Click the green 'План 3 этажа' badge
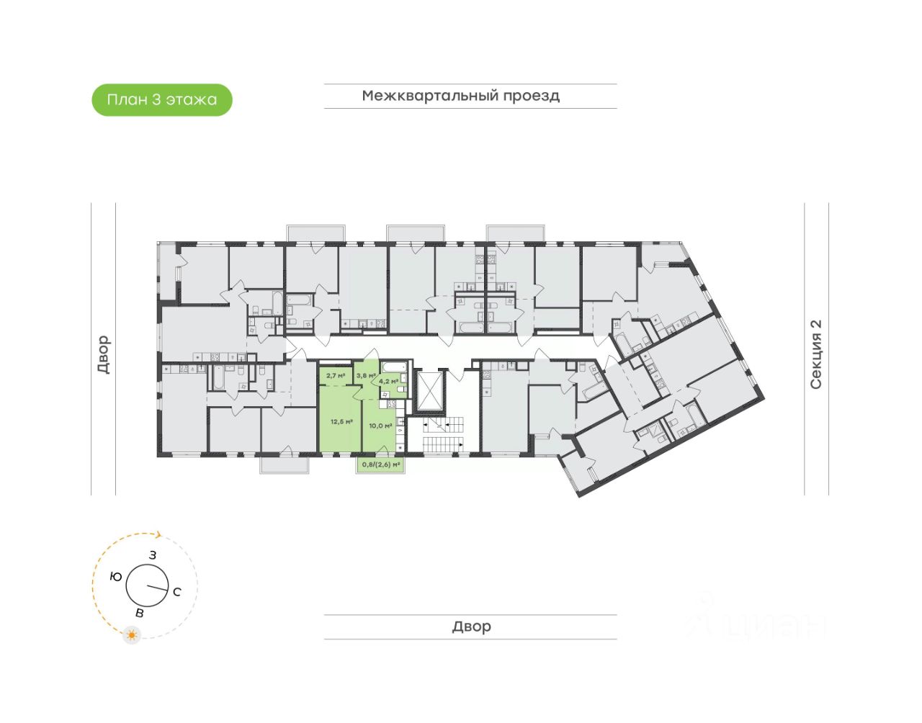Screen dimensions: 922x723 click(162, 99)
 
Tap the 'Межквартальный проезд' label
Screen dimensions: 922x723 click(461, 96)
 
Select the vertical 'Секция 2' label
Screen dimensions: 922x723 click(816, 354)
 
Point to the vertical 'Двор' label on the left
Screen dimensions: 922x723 click(104, 354)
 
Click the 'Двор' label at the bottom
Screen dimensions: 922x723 click(471, 627)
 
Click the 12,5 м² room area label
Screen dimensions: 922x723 click(341, 421)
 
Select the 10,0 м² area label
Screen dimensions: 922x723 click(380, 426)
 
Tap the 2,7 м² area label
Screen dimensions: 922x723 click(336, 375)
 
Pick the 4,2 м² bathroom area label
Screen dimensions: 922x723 click(389, 381)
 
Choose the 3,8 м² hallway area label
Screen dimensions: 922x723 click(365, 375)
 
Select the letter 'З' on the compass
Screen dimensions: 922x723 click(153, 555)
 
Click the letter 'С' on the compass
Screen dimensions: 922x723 click(176, 592)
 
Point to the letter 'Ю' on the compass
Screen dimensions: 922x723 click(115, 576)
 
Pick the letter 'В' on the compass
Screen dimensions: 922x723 click(140, 613)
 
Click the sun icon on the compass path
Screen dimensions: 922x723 click(131, 635)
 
